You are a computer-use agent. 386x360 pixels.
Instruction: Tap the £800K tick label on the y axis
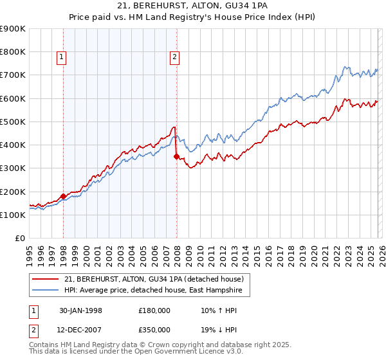coord(12,52)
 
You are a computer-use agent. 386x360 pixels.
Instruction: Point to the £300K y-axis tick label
coord(12,168)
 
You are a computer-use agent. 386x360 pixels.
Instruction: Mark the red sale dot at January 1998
coord(64,197)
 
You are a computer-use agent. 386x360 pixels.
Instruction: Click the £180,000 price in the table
coord(154,310)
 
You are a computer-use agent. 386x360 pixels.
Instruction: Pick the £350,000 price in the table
coord(154,329)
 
